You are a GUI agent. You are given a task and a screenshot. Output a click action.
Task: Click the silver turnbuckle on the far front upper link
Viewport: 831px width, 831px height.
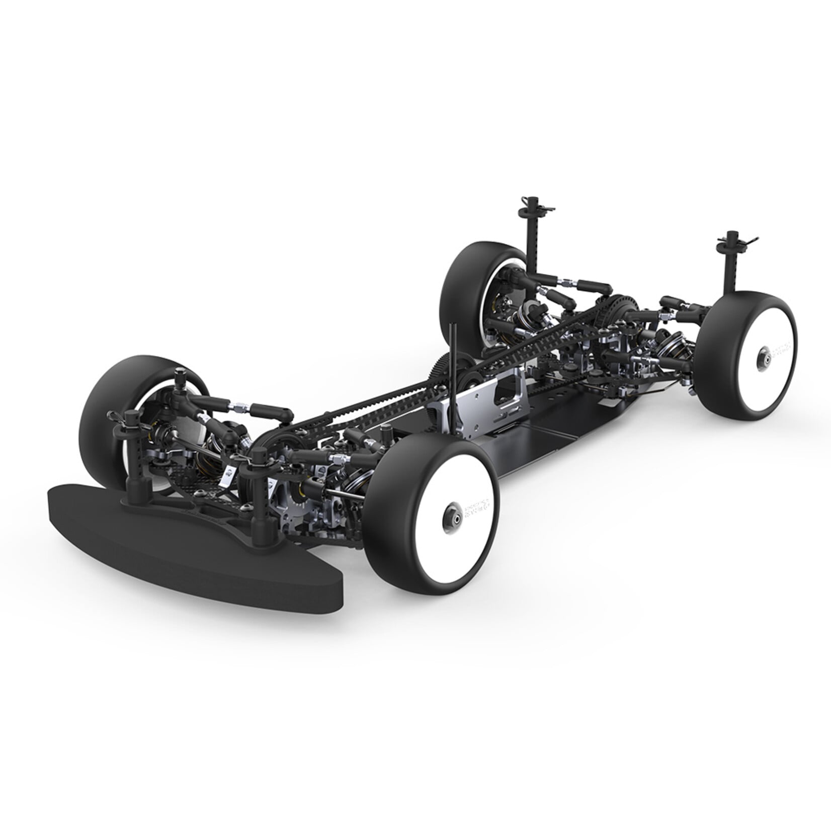(x=236, y=405)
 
